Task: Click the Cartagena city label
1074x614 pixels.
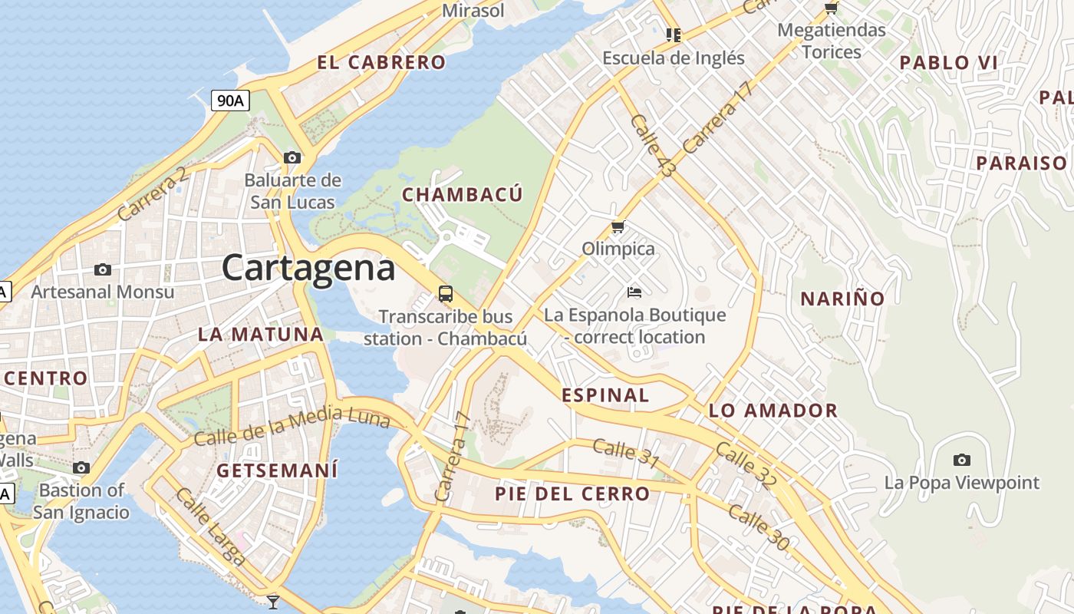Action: pos(308,268)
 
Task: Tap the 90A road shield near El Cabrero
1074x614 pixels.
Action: pos(231,100)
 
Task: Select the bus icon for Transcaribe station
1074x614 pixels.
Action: pos(445,293)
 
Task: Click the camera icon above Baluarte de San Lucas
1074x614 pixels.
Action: pos(292,157)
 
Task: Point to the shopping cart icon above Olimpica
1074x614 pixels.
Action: pos(618,227)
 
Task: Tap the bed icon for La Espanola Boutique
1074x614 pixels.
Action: pos(634,292)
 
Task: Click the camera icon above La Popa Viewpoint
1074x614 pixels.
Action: pos(961,460)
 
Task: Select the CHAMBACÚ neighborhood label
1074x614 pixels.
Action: pos(463,194)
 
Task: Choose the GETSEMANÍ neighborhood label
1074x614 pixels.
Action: pos(277,470)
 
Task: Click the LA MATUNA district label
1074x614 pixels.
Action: pos(261,334)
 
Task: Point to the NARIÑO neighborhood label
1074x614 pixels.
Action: pos(842,299)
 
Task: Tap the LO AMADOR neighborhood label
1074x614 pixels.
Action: pos(773,411)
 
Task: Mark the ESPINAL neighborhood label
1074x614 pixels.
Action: pos(605,395)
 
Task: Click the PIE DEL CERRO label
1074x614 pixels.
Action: pos(572,494)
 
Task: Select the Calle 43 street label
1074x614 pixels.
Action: pos(651,146)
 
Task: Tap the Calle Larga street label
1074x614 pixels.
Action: pos(210,527)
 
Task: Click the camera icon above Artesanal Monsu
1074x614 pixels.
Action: pos(102,269)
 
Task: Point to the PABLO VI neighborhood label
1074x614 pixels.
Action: pos(948,63)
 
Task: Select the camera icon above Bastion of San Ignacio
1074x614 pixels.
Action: pos(81,467)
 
